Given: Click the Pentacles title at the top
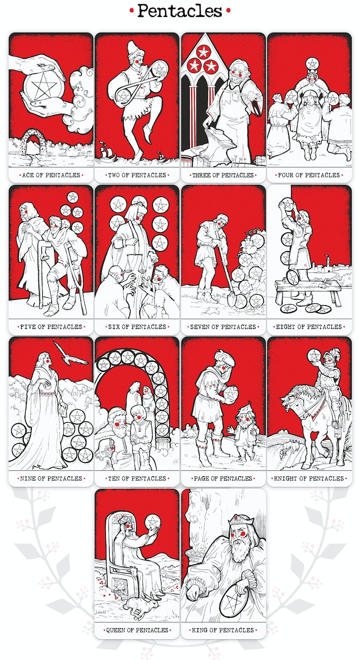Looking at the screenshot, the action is (179, 11).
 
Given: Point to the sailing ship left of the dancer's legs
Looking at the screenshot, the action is (106, 151).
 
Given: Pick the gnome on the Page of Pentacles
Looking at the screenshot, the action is (245, 431).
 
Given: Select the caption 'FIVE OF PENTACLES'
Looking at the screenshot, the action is (51, 327).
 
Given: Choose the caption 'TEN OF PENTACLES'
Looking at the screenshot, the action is (137, 478).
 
